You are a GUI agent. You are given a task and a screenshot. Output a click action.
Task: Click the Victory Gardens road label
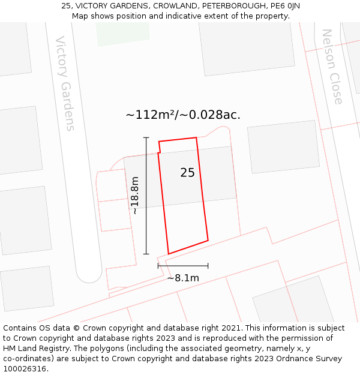point(65,83)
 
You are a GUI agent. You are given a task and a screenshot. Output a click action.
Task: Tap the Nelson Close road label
point(332,67)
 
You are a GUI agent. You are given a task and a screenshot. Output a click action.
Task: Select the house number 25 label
point(187,173)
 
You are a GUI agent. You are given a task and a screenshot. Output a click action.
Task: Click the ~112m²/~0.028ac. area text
point(183,115)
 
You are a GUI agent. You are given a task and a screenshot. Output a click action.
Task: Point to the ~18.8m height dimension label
point(135,196)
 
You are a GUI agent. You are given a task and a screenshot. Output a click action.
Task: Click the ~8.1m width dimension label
point(183,278)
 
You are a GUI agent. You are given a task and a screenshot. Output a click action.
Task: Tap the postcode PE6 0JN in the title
point(286,6)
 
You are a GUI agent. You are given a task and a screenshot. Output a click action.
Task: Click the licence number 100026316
point(26,369)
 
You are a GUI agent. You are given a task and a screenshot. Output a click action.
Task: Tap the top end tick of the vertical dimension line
point(146,137)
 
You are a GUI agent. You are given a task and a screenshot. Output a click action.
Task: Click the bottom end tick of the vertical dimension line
point(146,254)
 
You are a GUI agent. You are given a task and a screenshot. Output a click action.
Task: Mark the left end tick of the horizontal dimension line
point(158,265)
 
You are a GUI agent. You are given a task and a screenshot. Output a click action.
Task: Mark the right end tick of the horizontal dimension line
point(208,265)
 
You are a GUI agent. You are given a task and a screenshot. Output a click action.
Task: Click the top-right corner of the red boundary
point(196,138)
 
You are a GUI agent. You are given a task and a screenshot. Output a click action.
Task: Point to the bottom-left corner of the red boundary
point(169,254)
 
